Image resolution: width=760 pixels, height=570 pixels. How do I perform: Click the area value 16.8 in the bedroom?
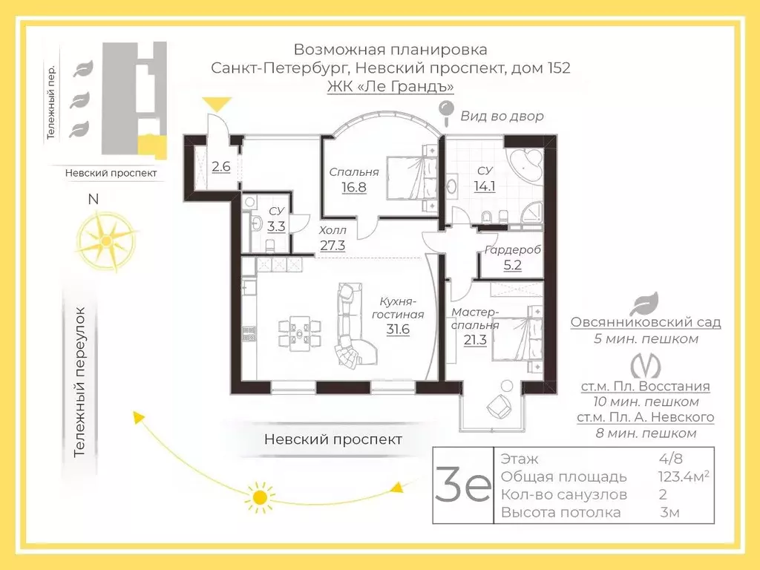pyautogui.click(x=354, y=187)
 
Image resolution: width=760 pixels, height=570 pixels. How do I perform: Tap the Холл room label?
pyautogui.click(x=332, y=230)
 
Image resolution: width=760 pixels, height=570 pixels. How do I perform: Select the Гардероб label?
pyautogui.click(x=513, y=250)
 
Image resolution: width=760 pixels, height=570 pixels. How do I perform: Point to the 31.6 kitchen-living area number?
pyautogui.click(x=398, y=329)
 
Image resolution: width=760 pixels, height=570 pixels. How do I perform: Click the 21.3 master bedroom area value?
pyautogui.click(x=475, y=340)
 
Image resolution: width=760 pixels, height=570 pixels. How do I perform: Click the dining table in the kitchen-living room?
pyautogui.click(x=300, y=333)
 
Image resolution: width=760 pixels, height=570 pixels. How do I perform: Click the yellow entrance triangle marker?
pyautogui.click(x=217, y=104)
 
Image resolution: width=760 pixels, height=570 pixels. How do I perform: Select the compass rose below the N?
pyautogui.click(x=106, y=241)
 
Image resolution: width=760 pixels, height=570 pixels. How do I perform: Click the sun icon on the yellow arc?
pyautogui.click(x=260, y=497)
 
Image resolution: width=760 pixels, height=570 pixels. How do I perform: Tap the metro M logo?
pyautogui.click(x=645, y=367)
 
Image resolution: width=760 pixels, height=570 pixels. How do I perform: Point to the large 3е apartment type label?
pyautogui.click(x=463, y=485)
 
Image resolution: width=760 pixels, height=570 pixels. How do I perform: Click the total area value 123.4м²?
pyautogui.click(x=684, y=476)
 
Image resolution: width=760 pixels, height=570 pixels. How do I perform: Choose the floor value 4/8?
pyautogui.click(x=671, y=458)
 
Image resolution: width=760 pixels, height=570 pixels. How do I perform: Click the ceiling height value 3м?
pyautogui.click(x=669, y=512)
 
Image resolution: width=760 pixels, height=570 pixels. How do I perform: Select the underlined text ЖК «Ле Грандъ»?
pyautogui.click(x=390, y=86)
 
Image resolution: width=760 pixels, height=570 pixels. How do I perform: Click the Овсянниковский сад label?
pyautogui.click(x=646, y=322)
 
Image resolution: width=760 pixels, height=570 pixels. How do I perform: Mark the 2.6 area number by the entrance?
pyautogui.click(x=221, y=167)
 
